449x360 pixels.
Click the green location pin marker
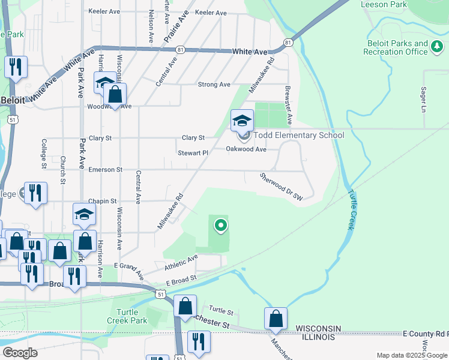pos(221,226)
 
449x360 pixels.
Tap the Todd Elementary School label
pos(299,135)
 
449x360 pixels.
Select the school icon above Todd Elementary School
pos(243,121)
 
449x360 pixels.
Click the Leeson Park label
pos(384,5)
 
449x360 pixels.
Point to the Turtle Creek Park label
pos(129,316)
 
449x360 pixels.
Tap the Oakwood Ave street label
pos(246,149)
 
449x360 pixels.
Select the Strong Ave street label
pos(214,85)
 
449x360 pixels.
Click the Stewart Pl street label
pos(193,153)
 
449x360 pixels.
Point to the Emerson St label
pos(105,170)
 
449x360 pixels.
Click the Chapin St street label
pos(100,201)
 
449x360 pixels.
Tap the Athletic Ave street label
pos(181,262)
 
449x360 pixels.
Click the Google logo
pos(20,352)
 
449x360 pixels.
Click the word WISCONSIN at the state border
pos(318,328)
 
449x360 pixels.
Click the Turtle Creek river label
pos(351,211)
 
